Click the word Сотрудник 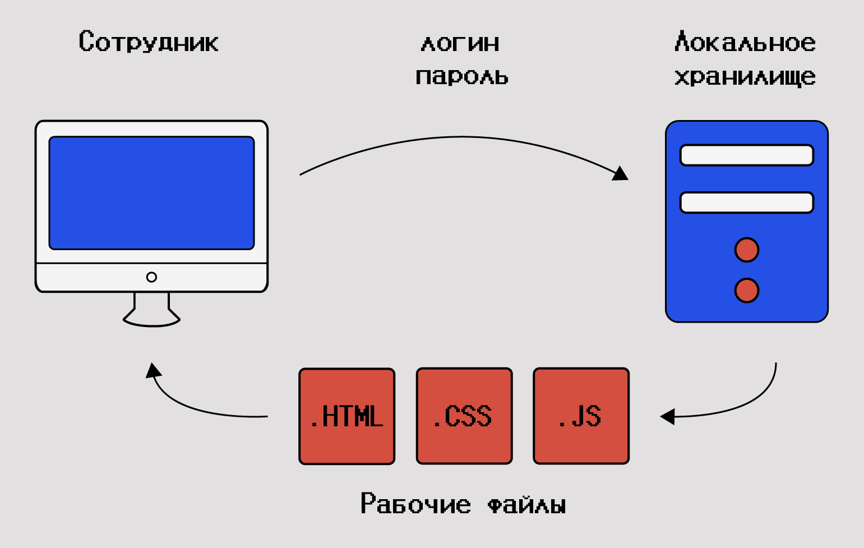click(149, 43)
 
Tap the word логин click(460, 44)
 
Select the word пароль click(461, 77)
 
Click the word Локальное click(745, 43)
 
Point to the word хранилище click(745, 77)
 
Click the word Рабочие click(415, 504)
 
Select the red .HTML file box click(347, 416)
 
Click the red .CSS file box click(464, 416)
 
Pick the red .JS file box click(581, 416)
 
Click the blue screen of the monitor click(151, 193)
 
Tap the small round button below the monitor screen click(151, 277)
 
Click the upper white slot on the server click(746, 155)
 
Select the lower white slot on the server click(746, 202)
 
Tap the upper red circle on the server click(747, 250)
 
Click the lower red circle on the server click(747, 291)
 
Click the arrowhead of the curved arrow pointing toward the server click(620, 173)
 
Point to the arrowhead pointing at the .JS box click(667, 417)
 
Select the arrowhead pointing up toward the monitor click(153, 370)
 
